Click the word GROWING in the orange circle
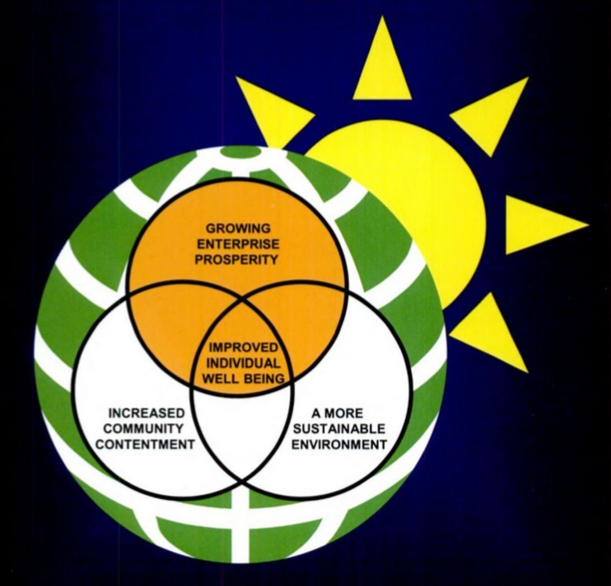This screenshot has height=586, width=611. tap(238, 229)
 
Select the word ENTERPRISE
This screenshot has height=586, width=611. tap(238, 244)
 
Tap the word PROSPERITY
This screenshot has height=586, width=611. tap(238, 260)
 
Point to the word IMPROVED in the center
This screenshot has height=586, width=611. tap(243, 348)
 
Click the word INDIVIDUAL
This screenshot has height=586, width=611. tap(243, 363)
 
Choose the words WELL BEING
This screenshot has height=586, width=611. tap(243, 378)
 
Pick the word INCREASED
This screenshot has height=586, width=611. tap(146, 414)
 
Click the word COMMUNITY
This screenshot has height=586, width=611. tap(146, 429)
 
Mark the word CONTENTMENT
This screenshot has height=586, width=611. tap(146, 445)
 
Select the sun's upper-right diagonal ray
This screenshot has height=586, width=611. tap(492, 112)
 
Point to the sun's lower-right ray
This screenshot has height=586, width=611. tap(492, 336)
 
